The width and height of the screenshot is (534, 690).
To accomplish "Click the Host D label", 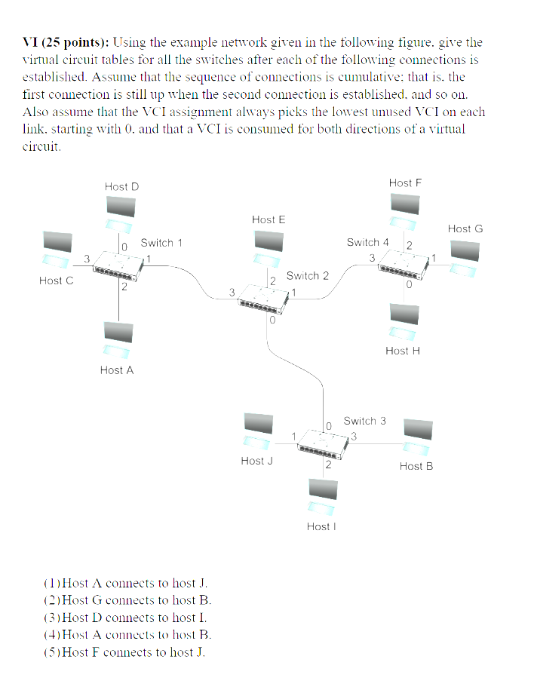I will click(x=121, y=186).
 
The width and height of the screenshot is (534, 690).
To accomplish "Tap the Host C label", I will click(x=57, y=281).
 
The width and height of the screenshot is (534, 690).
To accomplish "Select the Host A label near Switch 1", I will click(x=116, y=370).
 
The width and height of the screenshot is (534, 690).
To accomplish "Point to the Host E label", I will click(x=269, y=219).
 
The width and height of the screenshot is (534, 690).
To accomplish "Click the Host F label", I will click(x=405, y=182).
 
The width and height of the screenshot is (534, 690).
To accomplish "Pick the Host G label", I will click(x=465, y=228).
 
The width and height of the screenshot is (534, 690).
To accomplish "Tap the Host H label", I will click(x=402, y=351).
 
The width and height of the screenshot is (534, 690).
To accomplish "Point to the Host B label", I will click(x=416, y=466).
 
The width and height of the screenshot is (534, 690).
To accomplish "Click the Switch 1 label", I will click(x=161, y=243).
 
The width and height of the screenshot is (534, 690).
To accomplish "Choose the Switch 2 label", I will click(x=307, y=276).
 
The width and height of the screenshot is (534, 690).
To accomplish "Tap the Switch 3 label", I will click(x=364, y=421).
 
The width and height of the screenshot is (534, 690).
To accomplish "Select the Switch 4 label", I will click(x=367, y=242).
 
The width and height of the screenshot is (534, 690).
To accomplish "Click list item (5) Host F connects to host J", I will click(x=124, y=652).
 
